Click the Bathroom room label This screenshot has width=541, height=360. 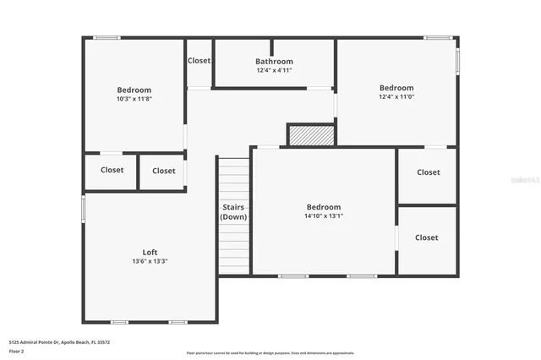[274, 61]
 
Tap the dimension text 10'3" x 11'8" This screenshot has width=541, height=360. [134, 99]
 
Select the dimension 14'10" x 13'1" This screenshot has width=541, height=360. [323, 215]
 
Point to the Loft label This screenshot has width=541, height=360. [149, 252]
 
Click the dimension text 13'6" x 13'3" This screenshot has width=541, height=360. [149, 261]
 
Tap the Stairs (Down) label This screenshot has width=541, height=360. [233, 212]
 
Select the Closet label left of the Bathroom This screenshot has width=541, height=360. [199, 60]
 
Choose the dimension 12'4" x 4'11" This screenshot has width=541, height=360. [274, 70]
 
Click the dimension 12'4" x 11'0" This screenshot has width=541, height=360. [396, 96]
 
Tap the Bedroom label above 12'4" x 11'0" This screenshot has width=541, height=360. [396, 87]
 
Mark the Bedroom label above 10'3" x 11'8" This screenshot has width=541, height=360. [134, 90]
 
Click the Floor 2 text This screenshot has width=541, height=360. [18, 350]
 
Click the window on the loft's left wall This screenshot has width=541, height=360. [83, 208]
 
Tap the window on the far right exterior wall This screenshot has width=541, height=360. [457, 59]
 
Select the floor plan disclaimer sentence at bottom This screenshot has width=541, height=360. [270, 353]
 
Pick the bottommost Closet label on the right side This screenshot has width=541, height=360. [426, 237]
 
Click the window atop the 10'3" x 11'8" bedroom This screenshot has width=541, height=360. [107, 37]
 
